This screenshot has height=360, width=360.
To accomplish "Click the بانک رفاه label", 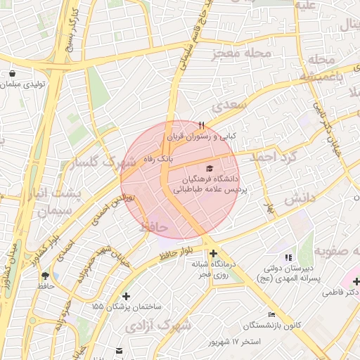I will tap(157, 160).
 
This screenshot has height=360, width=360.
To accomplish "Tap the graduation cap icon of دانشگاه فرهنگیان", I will tap(209, 168).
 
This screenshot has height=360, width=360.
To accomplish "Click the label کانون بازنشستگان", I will tap(273, 326).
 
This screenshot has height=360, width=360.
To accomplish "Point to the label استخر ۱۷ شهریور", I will tap(235, 342).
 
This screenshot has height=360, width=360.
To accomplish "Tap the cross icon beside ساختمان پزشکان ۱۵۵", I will tap(126, 296).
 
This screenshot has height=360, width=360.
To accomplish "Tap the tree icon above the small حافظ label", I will tap(46, 276).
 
